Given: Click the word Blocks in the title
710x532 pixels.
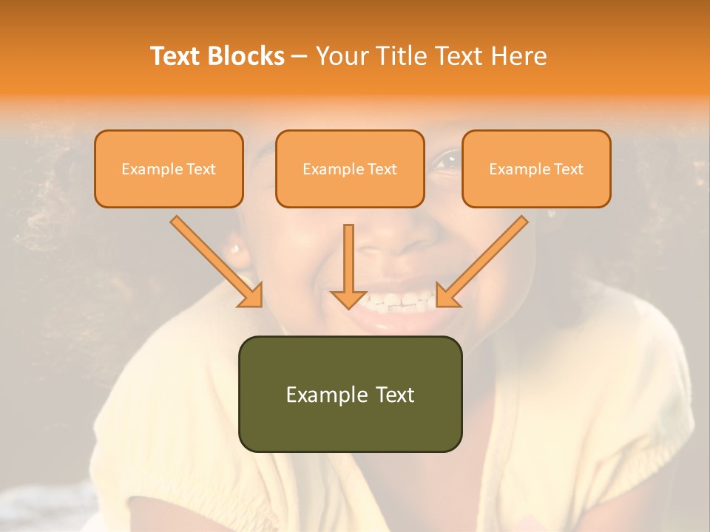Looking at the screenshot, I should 247,56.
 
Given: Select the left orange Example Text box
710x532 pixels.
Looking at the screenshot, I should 169,168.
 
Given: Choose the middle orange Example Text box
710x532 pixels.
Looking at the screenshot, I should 350,168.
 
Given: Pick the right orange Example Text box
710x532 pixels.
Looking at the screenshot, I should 536,168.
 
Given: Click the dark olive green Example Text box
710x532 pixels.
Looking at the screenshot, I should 350,394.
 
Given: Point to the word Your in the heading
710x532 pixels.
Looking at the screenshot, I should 339,56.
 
